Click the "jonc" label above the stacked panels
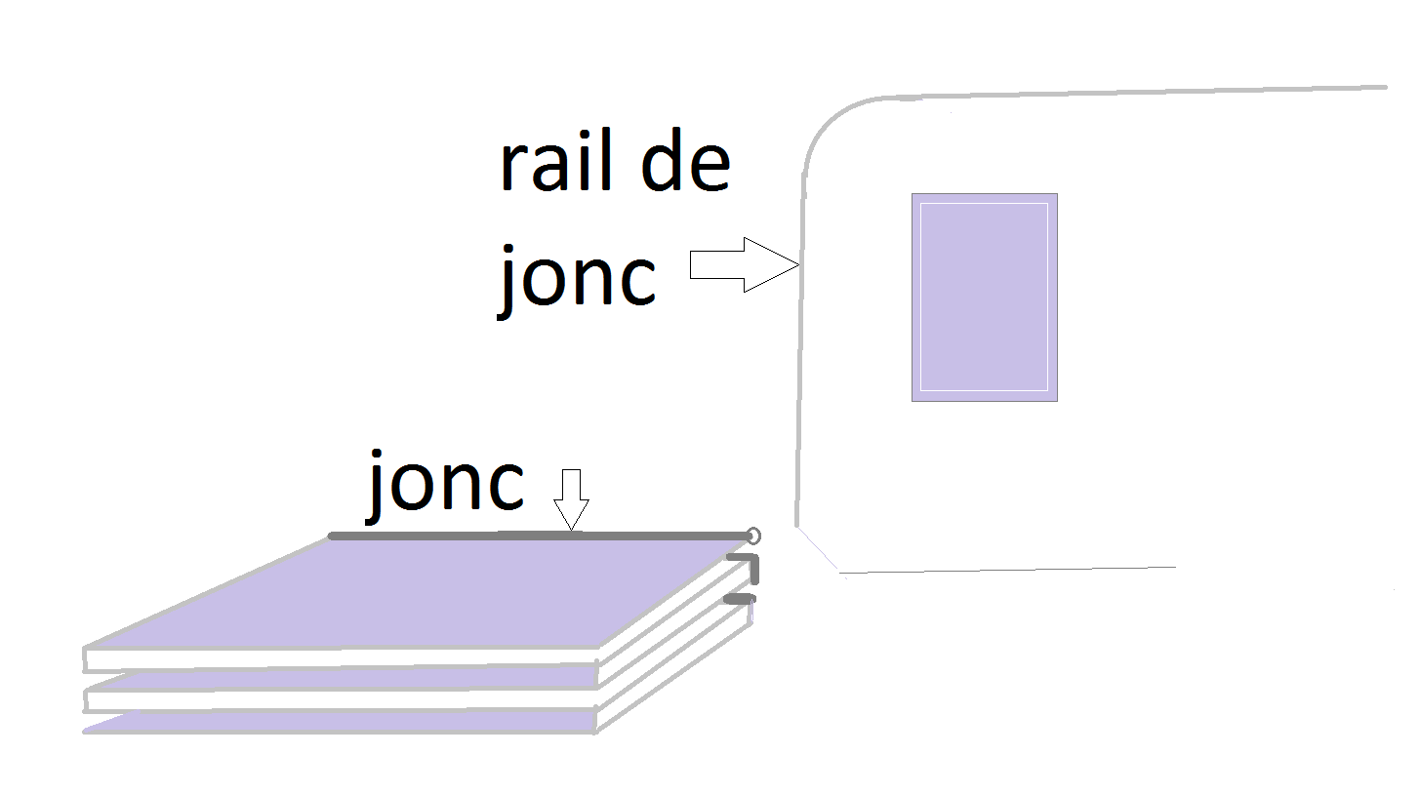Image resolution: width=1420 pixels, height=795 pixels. pos(446,485)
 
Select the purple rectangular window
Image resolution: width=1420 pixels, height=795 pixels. pos(984,297)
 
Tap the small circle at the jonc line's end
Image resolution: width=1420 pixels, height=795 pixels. pos(752,536)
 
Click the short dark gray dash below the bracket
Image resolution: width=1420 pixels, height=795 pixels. pos(740,598)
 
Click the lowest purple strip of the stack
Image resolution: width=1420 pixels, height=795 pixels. pos(342,723)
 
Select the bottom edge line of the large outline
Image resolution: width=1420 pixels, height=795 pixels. pos(1005,570)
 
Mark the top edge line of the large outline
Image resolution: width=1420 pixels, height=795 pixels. pos(1122,93)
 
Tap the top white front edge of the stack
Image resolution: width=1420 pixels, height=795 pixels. pos(342,659)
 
